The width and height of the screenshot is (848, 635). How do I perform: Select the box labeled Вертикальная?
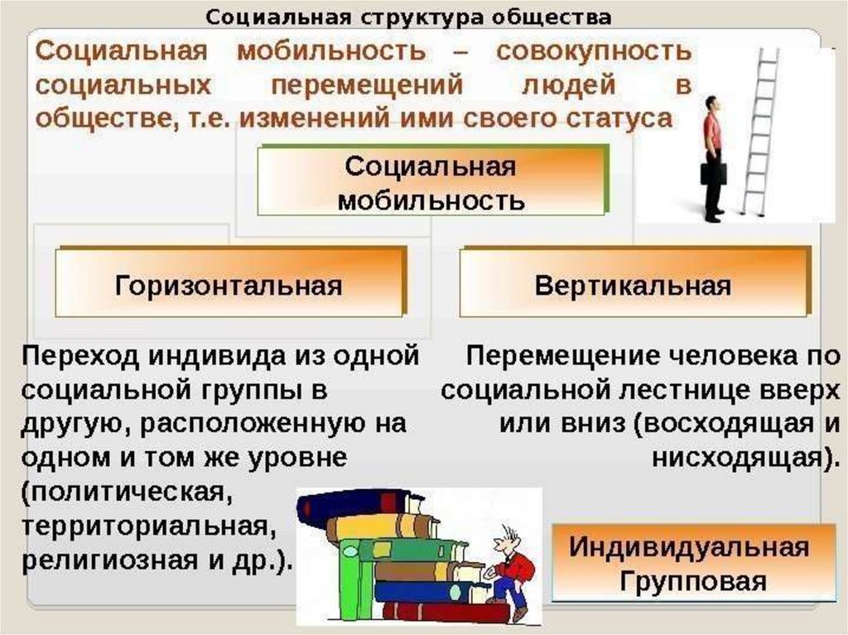click(x=635, y=282)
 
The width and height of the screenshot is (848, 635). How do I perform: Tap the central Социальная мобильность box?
click(x=432, y=181)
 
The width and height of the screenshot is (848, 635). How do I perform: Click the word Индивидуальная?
click(x=689, y=547)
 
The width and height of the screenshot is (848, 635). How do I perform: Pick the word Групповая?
click(x=693, y=581)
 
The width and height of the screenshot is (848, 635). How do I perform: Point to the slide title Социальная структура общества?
click(x=408, y=17)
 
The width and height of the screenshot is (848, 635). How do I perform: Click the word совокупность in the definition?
click(x=594, y=52)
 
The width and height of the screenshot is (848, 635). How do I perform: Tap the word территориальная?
click(x=146, y=526)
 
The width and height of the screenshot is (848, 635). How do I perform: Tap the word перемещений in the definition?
click(x=367, y=85)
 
